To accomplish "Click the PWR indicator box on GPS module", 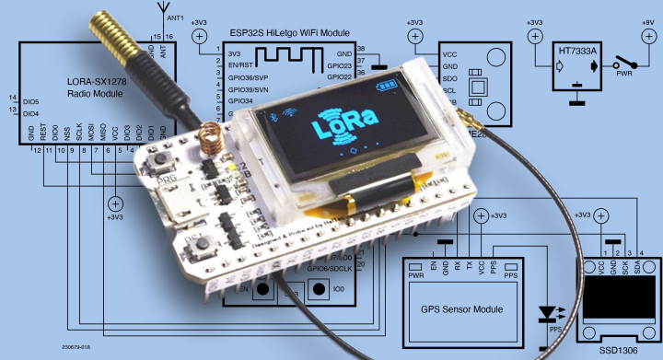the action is pyautogui.click(x=416, y=275).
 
